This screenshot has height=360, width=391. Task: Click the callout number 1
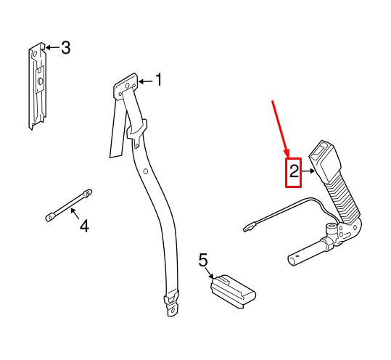pos(159,80)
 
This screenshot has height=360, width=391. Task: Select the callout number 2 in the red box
pos(294,171)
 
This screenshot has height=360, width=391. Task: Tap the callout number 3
pos(65,47)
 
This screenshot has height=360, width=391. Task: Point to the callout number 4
pos(84,226)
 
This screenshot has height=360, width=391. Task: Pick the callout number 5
pos(203,260)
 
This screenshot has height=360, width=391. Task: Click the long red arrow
pos(280,129)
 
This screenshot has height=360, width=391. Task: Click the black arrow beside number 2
pos(308,171)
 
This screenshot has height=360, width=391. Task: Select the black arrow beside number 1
pos(145,81)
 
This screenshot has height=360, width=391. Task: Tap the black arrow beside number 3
pos(52,47)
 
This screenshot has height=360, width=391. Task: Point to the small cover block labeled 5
pos(233,291)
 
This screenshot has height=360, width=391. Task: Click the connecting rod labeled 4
pos(69,205)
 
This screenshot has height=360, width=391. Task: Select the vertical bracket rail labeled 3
pos(38,86)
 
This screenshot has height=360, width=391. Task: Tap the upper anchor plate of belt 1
pos(125,87)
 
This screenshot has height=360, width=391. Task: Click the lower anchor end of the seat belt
pos(172,303)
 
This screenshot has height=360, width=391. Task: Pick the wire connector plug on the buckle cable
pos(250,227)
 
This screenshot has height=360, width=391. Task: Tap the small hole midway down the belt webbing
pos(146,171)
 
